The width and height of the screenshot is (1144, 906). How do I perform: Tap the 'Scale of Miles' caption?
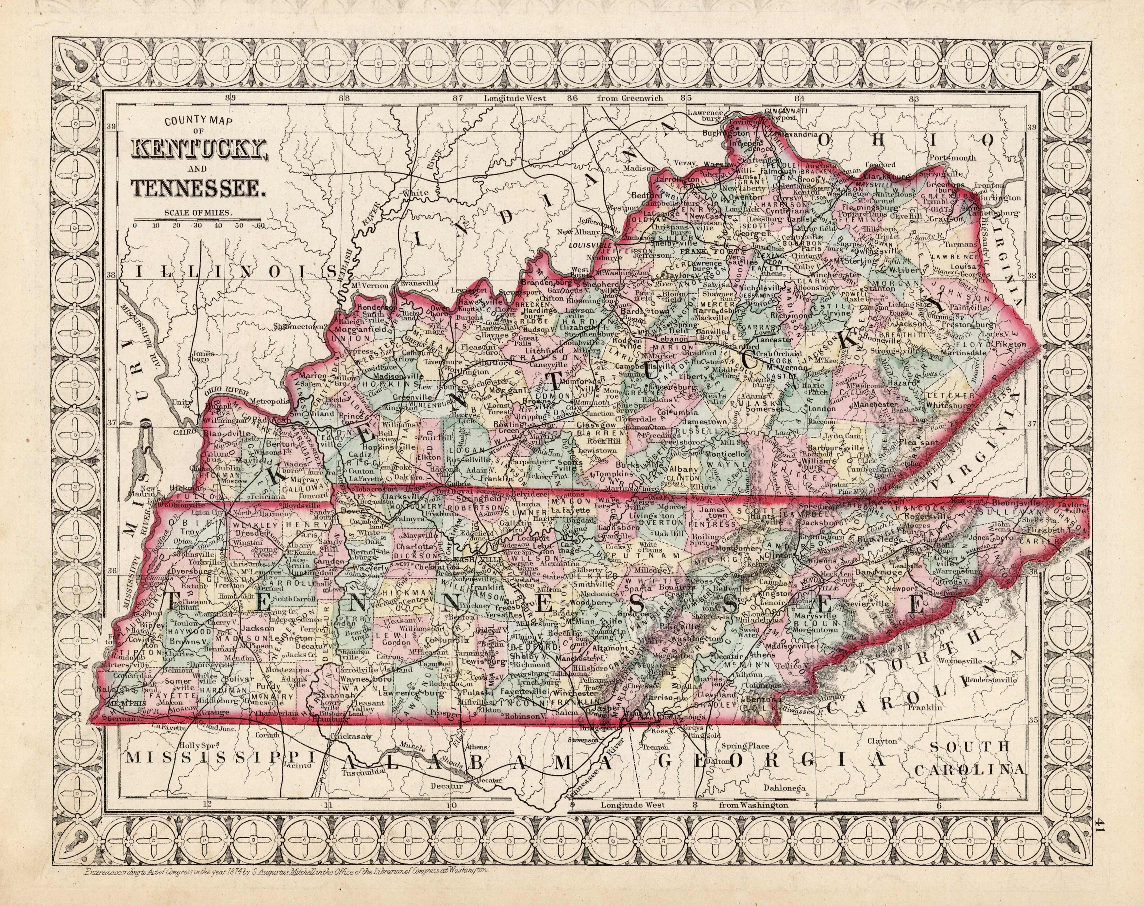pos(198,213)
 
